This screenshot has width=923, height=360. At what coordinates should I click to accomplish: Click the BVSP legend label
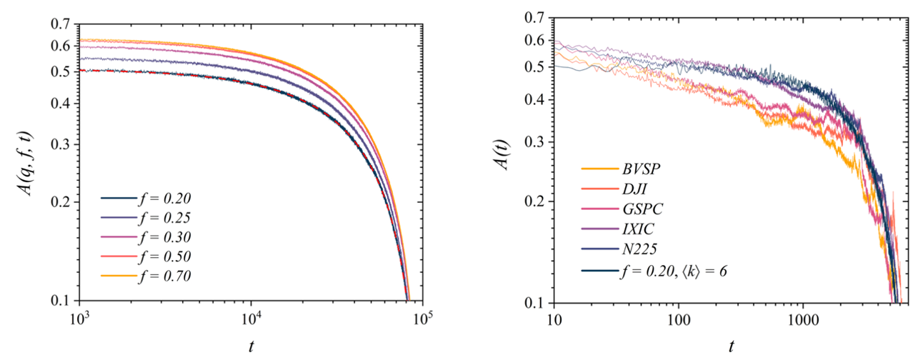640,170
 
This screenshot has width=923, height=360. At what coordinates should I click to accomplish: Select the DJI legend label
634,190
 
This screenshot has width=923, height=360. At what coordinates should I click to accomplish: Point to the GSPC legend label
640,211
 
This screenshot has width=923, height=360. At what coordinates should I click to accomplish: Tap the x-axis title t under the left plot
251,345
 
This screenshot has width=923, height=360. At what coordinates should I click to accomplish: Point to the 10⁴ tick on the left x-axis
251,316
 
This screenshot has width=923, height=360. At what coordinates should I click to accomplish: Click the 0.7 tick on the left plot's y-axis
60,25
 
